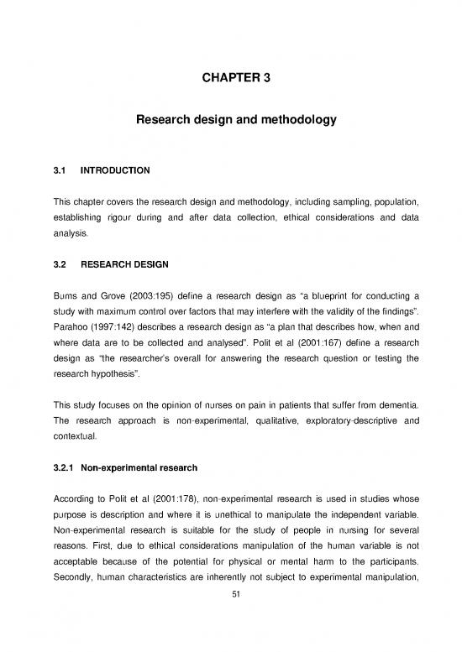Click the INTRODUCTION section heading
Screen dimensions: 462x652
tap(114, 170)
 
